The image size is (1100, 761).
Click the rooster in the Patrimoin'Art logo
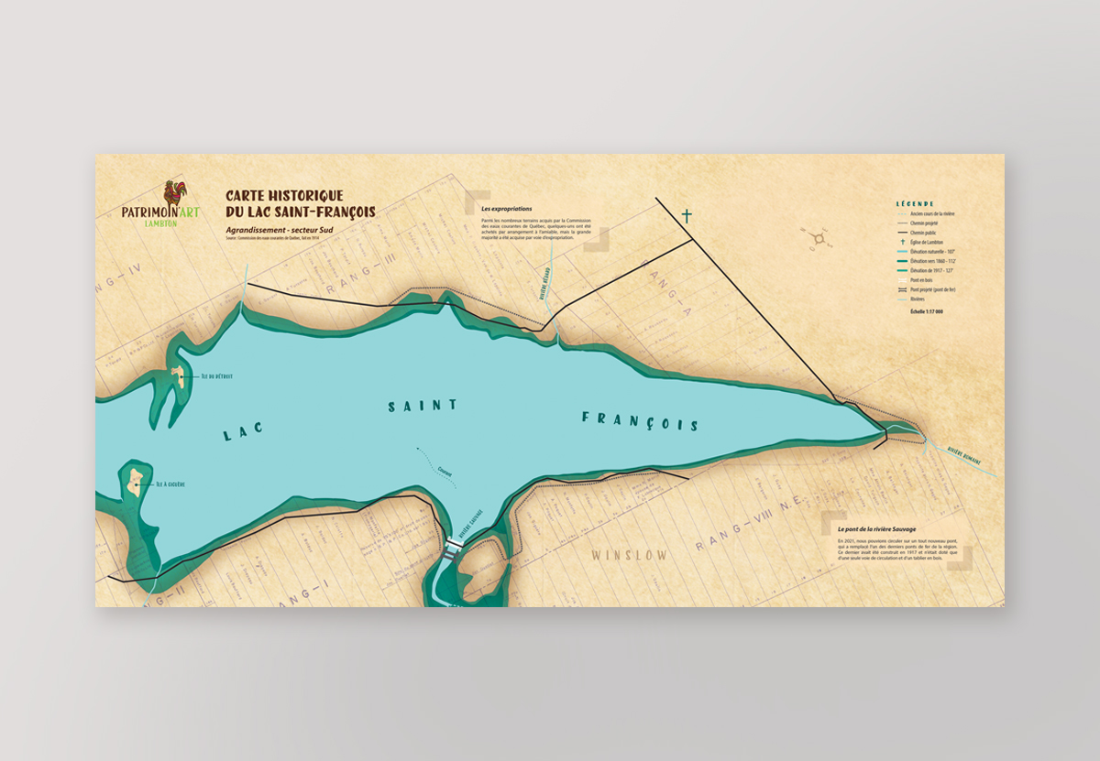pos(173,193)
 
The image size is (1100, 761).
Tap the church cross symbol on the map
pos(687,216)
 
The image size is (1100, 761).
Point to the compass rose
pos(819,240)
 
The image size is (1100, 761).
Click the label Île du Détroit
pos(216,376)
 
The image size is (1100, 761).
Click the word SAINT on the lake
pos(423,405)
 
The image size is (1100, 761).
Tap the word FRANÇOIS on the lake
pos(640,421)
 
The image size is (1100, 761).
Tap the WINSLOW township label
pos(629,556)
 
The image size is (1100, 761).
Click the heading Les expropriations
pos(506,209)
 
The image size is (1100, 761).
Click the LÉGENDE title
pos(915,203)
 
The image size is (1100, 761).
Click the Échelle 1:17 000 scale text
pos(927,311)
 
